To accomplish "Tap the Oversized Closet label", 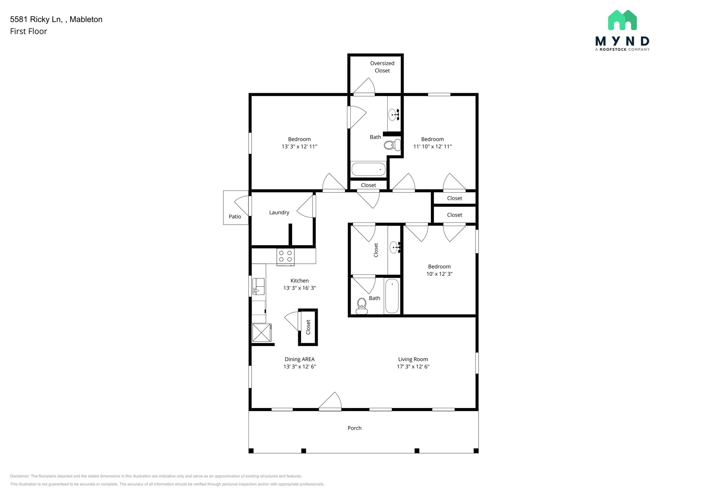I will pyautogui.click(x=382, y=67).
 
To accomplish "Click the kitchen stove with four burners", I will pyautogui.click(x=286, y=257).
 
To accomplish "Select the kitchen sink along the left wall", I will pyautogui.click(x=258, y=286).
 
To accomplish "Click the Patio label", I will pyautogui.click(x=235, y=216).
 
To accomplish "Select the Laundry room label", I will pyautogui.click(x=279, y=212).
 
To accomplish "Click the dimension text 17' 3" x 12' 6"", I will pyautogui.click(x=413, y=367).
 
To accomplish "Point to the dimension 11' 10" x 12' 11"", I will pyautogui.click(x=432, y=147).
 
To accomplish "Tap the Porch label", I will pyautogui.click(x=354, y=428).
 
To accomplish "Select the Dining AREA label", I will pyautogui.click(x=300, y=359).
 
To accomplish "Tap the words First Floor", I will pyautogui.click(x=28, y=32).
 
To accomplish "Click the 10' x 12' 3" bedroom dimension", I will pyautogui.click(x=439, y=274).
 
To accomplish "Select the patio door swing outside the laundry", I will pyautogui.click(x=242, y=205).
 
